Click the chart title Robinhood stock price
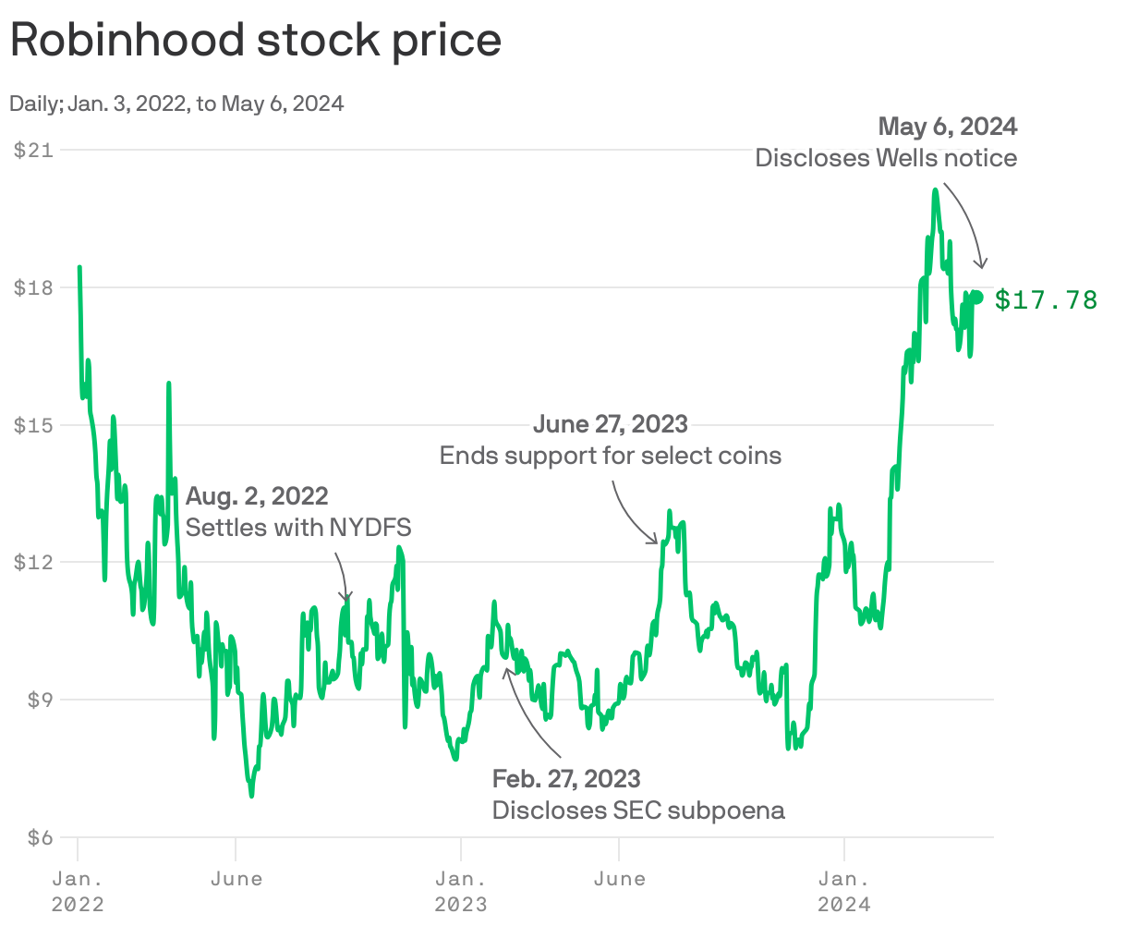pos(255,41)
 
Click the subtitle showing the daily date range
pos(176,104)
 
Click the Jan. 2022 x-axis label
pos(78,890)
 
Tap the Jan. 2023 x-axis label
pos(461,890)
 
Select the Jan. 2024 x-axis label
pos(844,890)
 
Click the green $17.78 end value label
pos(1046,299)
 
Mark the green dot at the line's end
pos(978,296)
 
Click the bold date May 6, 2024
pos(947,126)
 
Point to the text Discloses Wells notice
pos(885,158)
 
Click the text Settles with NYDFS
pos(298,528)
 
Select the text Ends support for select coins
pos(610,456)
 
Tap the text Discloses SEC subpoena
pos(638,810)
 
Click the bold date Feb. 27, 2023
pos(565,778)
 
